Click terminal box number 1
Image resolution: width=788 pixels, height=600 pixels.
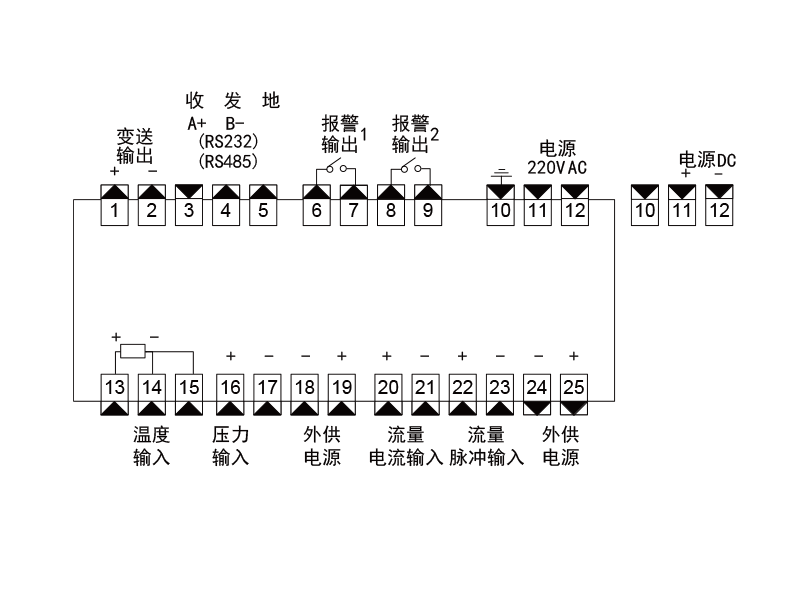point(115,211)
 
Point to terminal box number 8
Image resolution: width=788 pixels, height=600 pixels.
point(390,211)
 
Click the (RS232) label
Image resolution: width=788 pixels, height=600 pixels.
point(229,141)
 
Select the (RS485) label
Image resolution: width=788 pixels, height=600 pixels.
point(229,159)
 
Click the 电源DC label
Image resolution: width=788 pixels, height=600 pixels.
point(707,159)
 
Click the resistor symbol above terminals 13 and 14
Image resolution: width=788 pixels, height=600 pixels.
point(132,352)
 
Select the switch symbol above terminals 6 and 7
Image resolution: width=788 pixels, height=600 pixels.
point(334,167)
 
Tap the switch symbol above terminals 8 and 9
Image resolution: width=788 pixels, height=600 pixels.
point(408,167)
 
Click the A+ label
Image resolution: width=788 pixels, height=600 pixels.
point(197,123)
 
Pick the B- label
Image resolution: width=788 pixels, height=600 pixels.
point(236,123)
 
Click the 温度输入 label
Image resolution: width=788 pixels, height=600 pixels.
point(151,447)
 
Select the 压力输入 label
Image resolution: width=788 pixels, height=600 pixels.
point(230,447)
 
